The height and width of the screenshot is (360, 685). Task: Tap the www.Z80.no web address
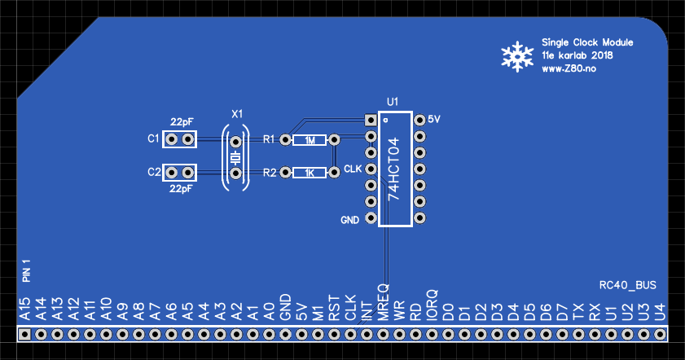pos(569,69)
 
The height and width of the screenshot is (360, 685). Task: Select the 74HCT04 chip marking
pos(393,169)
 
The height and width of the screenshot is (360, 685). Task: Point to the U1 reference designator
pos(393,102)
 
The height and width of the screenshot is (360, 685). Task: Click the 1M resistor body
pos(310,140)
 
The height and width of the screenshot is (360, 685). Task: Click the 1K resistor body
pos(310,173)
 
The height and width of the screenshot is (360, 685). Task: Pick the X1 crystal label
pos(237,113)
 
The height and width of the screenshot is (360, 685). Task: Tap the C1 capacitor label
pos(153,139)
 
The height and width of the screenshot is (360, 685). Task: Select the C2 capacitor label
pos(153,172)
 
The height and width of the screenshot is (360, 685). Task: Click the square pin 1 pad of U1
pos(371,120)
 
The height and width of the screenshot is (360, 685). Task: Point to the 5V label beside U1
pos(434,119)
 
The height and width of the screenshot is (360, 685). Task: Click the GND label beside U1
pos(349,221)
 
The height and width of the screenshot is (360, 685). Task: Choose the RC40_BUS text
pos(627,285)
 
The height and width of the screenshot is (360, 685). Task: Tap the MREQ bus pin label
pos(383,301)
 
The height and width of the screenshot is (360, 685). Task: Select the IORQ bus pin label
pos(432,303)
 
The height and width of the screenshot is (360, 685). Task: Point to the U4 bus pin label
pos(660,311)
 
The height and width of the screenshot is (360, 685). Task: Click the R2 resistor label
pos(270,172)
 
